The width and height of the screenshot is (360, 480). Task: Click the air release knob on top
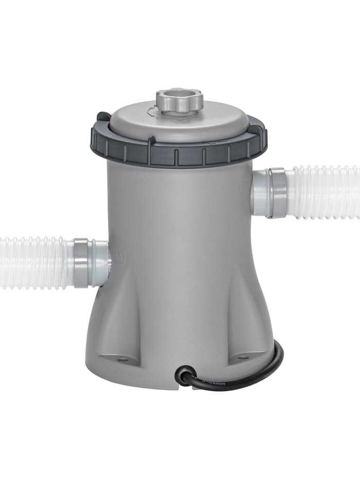coord(179,98)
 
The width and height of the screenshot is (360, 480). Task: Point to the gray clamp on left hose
coord(81,262)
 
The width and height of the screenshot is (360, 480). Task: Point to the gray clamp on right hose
coord(277,192)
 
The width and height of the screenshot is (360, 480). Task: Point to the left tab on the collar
coord(103,117)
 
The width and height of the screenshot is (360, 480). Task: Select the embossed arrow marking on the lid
coord(154,110)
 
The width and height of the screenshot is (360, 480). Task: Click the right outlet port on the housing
coord(260,192)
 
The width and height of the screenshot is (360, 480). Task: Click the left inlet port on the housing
coord(100,262)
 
